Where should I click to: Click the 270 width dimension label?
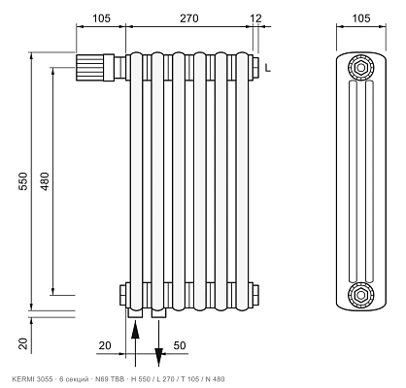[x=189, y=18]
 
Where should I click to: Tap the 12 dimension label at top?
[x=255, y=18]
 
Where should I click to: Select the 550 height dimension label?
[x=23, y=181]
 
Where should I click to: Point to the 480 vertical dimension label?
[x=45, y=181]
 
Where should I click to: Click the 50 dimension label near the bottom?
[x=180, y=345]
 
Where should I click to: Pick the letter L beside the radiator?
[x=268, y=68]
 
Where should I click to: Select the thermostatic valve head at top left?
[x=95, y=68]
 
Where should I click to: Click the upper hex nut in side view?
[x=360, y=68]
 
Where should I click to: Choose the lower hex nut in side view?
[x=360, y=295]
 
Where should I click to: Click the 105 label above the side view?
[x=361, y=18]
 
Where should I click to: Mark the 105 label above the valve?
[x=102, y=18]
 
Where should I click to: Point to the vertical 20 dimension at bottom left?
[x=23, y=343]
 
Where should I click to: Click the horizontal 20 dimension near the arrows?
[x=105, y=345]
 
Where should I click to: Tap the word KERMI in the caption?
[x=20, y=379]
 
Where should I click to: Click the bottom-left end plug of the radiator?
[x=123, y=295]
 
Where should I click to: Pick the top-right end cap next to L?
[x=256, y=68]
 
